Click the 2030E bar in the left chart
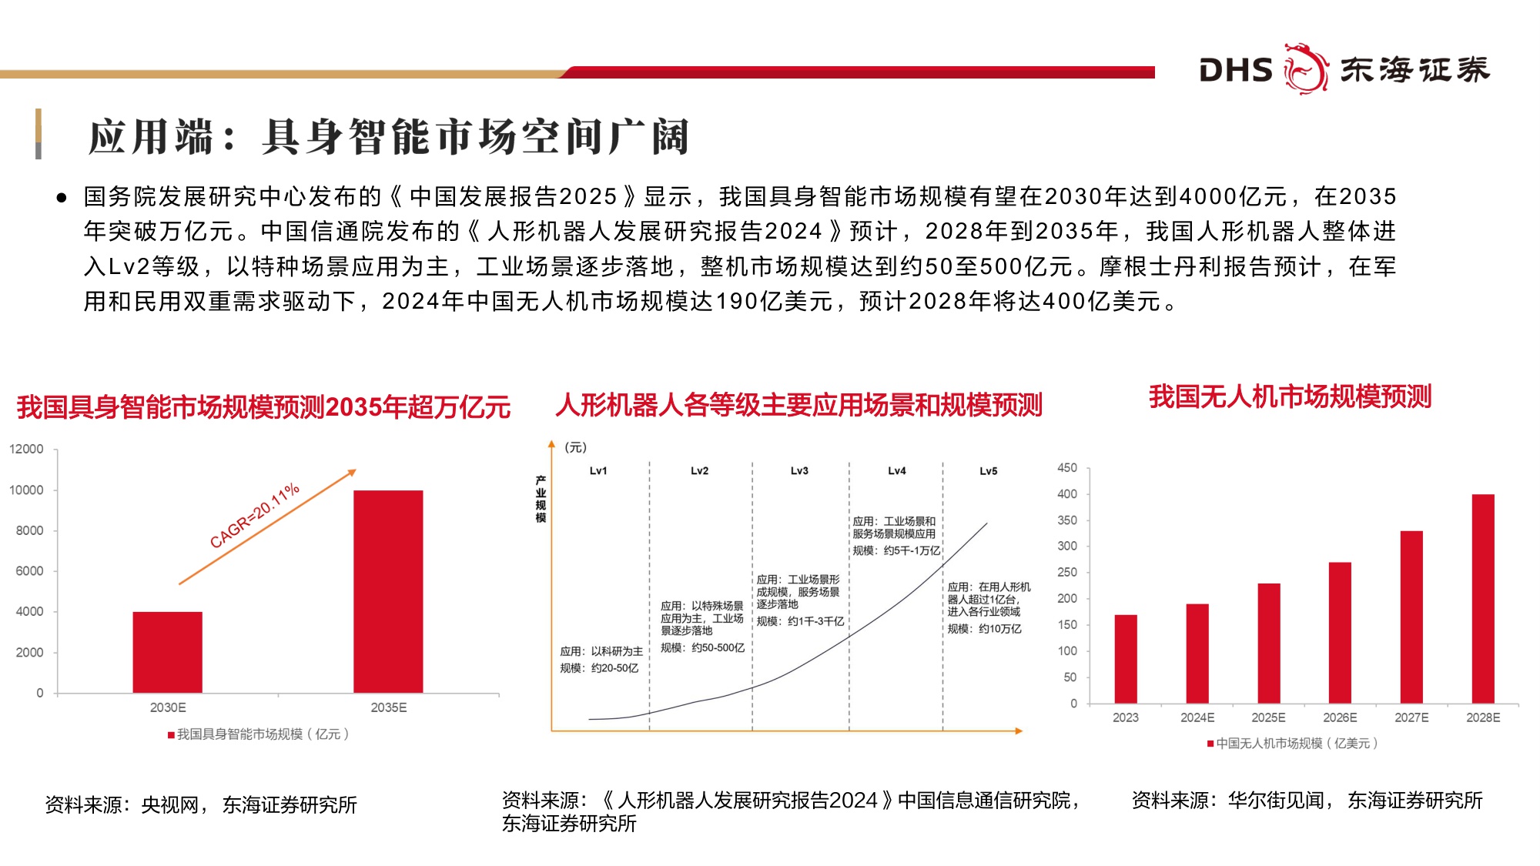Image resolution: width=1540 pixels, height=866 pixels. click(167, 652)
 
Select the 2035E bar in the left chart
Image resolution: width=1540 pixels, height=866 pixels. click(388, 591)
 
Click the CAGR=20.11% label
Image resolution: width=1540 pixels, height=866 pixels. click(254, 516)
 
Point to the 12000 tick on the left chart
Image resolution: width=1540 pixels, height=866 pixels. click(26, 449)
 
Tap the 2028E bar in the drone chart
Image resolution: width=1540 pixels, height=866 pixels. click(1482, 599)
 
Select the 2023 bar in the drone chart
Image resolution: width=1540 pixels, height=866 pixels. click(1125, 659)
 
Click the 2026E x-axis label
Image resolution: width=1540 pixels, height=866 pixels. click(1340, 717)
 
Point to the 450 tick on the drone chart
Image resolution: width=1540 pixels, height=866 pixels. click(1067, 467)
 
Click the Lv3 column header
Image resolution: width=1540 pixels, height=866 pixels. click(799, 470)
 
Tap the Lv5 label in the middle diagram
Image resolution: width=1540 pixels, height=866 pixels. click(988, 471)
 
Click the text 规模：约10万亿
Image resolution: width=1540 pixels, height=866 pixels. click(984, 629)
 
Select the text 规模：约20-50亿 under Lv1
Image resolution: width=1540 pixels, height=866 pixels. click(599, 668)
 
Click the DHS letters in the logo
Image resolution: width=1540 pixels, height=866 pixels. click(1235, 70)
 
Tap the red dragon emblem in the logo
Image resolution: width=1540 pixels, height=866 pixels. click(1305, 69)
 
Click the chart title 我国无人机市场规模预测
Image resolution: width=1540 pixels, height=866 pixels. click(1290, 396)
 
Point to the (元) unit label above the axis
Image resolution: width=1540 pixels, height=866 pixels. click(575, 447)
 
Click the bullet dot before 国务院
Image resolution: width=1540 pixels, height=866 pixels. click(62, 198)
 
